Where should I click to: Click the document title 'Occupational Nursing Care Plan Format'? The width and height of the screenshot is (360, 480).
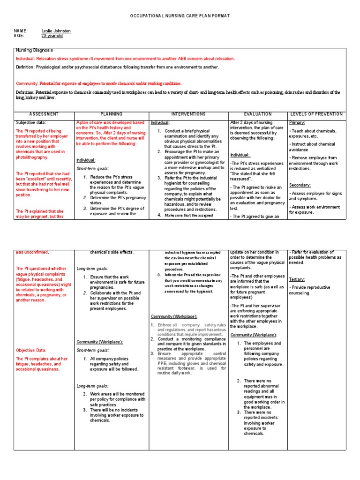click(180, 16)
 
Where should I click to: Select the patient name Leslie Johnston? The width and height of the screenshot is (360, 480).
click(56, 31)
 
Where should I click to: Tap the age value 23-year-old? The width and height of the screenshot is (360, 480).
click(52, 36)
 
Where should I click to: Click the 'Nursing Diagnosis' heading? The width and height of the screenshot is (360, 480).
click(35, 50)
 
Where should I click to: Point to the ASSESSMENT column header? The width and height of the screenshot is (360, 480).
click(44, 114)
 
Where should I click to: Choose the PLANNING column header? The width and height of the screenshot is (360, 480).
click(111, 114)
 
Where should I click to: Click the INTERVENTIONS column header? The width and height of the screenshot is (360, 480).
click(188, 114)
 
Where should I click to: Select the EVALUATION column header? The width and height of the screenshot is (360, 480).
click(257, 114)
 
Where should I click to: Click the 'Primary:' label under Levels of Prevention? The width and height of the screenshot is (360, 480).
click(297, 122)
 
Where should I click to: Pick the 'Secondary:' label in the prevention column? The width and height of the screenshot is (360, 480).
click(300, 185)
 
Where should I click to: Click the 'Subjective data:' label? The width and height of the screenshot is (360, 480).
click(31, 122)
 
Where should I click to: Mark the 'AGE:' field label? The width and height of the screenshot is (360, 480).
click(19, 36)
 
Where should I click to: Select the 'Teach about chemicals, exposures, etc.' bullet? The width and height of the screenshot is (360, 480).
click(313, 133)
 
